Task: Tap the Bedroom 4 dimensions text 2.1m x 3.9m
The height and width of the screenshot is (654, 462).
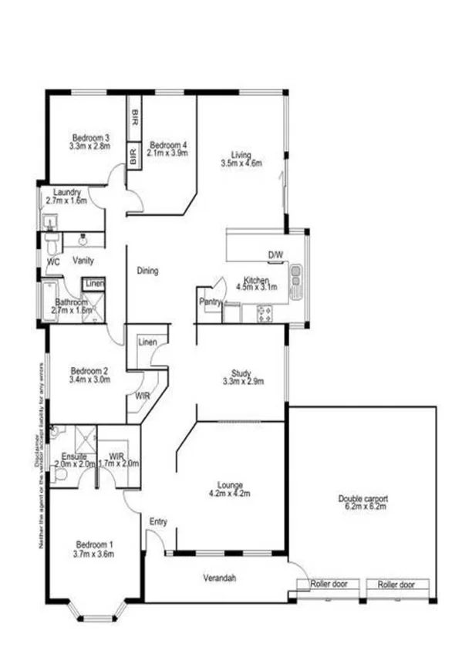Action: (167, 153)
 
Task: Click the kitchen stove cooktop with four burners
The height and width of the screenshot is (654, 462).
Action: (264, 313)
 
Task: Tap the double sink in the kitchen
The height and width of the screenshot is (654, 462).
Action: (295, 282)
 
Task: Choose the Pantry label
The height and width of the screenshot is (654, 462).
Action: (209, 302)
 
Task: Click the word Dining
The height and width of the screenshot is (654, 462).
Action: (147, 271)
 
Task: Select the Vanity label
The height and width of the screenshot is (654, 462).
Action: (83, 261)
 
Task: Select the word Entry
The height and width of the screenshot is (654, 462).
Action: (158, 522)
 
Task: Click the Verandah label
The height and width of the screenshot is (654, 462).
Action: (219, 578)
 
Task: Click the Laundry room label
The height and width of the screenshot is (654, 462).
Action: (66, 192)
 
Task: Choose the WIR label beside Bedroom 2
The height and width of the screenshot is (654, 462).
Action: (142, 396)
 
